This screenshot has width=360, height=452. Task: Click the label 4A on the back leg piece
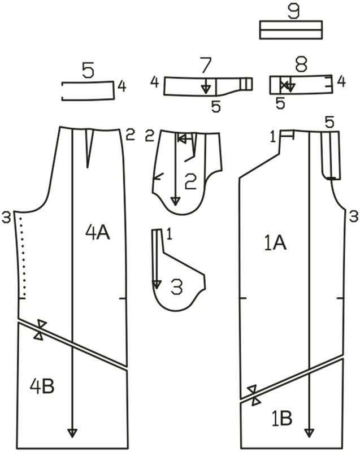(98, 233)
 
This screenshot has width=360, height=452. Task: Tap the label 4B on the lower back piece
(42, 386)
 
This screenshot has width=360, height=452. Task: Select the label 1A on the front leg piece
(275, 243)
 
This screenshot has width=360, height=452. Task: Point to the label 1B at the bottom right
(282, 418)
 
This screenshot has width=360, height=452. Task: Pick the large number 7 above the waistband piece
(206, 66)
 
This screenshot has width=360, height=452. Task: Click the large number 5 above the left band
(88, 70)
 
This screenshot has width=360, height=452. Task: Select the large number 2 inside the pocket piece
(190, 181)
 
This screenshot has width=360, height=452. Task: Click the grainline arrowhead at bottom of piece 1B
(309, 433)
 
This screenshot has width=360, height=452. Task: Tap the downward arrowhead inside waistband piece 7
(206, 90)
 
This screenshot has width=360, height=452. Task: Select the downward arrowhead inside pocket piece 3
(157, 285)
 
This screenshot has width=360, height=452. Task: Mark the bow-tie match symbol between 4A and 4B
(40, 330)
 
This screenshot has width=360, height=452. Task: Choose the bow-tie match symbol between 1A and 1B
(254, 395)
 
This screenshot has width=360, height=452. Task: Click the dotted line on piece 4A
(22, 257)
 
